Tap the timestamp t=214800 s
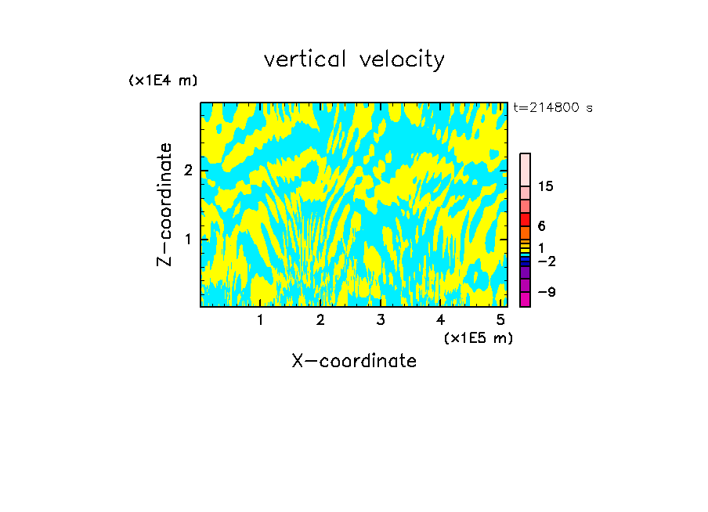click(553, 107)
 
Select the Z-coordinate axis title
click(164, 204)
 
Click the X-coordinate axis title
click(354, 361)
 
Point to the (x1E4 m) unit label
click(163, 80)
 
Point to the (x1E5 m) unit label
click(478, 337)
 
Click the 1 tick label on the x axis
click(260, 319)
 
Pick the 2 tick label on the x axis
click(320, 319)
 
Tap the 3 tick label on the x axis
click(381, 319)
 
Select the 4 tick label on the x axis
click(441, 319)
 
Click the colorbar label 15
click(546, 186)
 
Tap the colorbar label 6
click(541, 226)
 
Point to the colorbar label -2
click(546, 261)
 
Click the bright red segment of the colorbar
click(525, 219)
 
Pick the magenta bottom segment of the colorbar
click(525, 299)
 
